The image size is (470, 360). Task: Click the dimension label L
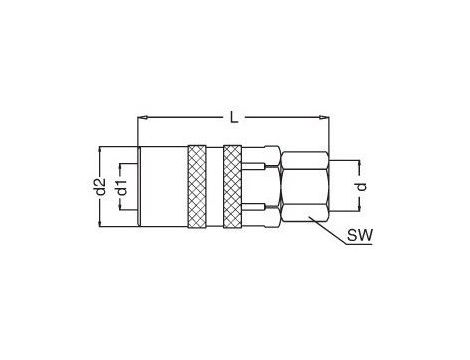pyautogui.click(x=234, y=117)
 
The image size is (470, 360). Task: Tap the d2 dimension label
pyautogui.click(x=99, y=187)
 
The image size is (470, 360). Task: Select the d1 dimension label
pyautogui.click(x=122, y=187)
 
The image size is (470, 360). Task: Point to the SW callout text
pyautogui.click(x=360, y=236)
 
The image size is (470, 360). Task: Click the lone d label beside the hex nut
pyautogui.click(x=361, y=186)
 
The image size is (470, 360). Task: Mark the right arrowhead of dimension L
pyautogui.click(x=324, y=117)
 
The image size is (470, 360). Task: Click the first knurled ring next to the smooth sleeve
pyautogui.click(x=197, y=187)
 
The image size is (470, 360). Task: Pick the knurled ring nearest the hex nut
pyautogui.click(x=233, y=187)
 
